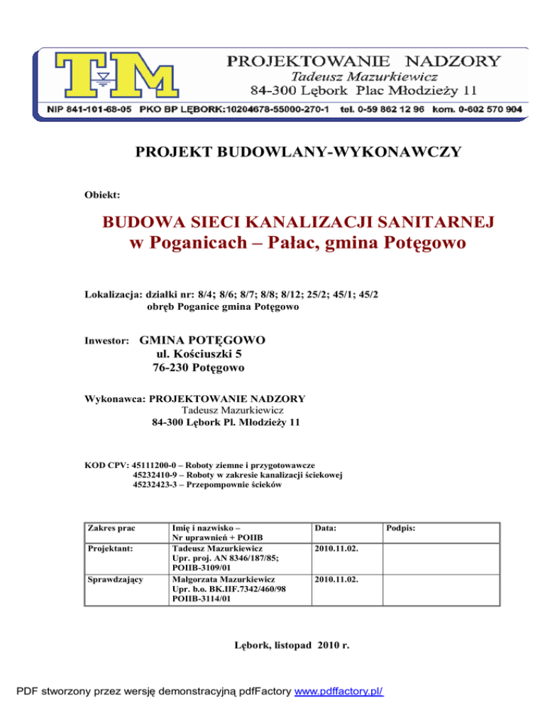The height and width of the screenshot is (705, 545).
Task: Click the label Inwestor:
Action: point(106,341)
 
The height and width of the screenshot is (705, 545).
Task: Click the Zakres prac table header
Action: point(109,529)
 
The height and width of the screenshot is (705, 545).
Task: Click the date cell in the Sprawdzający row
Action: point(337,579)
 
